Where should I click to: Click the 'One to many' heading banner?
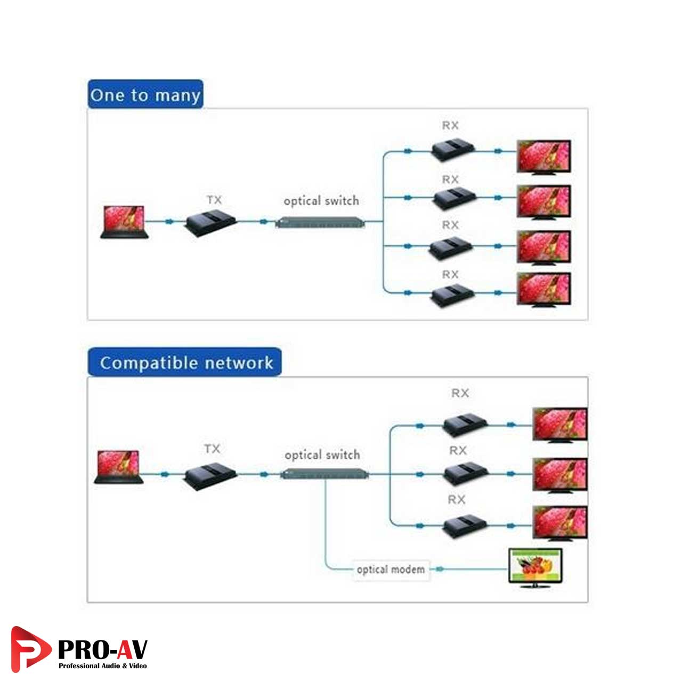(x=145, y=94)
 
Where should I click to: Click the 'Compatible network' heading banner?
(x=185, y=362)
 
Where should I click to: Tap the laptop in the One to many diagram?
(x=124, y=222)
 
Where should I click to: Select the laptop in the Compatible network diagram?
(x=118, y=467)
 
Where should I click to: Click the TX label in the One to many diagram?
(x=214, y=200)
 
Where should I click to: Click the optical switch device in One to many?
(x=321, y=222)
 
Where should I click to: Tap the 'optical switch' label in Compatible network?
(x=322, y=454)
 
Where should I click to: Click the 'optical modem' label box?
(x=391, y=569)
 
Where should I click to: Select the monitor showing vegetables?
(x=535, y=568)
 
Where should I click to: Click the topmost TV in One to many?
(x=543, y=156)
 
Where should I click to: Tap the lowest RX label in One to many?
(x=450, y=274)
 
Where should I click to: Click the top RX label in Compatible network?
(x=460, y=393)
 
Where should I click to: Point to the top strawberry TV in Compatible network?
(x=559, y=424)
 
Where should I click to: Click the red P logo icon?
(x=29, y=648)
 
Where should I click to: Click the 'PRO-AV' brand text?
(x=102, y=649)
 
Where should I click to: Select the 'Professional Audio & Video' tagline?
(x=102, y=666)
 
